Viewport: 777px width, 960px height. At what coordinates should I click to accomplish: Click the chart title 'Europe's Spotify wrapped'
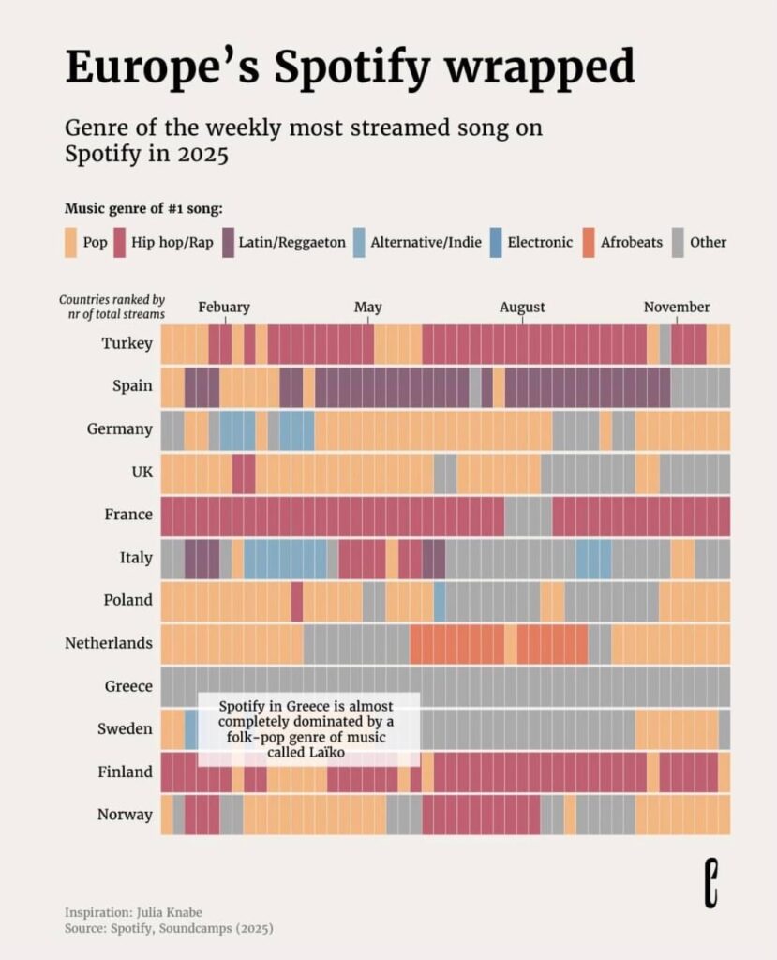[x=350, y=67]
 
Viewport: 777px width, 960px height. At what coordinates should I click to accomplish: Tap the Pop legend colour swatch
[x=71, y=242]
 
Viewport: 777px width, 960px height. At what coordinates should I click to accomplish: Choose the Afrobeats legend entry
[x=630, y=242]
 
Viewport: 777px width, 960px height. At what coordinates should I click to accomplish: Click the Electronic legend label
[x=540, y=242]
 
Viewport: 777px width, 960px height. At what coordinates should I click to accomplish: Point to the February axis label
[x=224, y=307]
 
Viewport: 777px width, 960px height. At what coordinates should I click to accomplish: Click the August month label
[x=522, y=307]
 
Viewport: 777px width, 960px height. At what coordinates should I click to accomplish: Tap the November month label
[x=676, y=307]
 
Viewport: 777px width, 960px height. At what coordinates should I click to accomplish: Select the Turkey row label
[x=127, y=344]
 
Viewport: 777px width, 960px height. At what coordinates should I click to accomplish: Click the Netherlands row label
[x=108, y=643]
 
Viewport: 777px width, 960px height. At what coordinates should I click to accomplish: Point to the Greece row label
[x=128, y=686]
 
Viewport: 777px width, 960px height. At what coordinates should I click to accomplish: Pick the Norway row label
[x=125, y=815]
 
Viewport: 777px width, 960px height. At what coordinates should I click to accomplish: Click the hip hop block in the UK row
[x=244, y=472]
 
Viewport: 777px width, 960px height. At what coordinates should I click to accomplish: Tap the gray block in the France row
[x=529, y=516]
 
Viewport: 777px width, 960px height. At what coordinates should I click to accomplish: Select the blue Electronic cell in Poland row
[x=440, y=601]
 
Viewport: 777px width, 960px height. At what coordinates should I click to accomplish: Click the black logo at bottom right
[x=712, y=882]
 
